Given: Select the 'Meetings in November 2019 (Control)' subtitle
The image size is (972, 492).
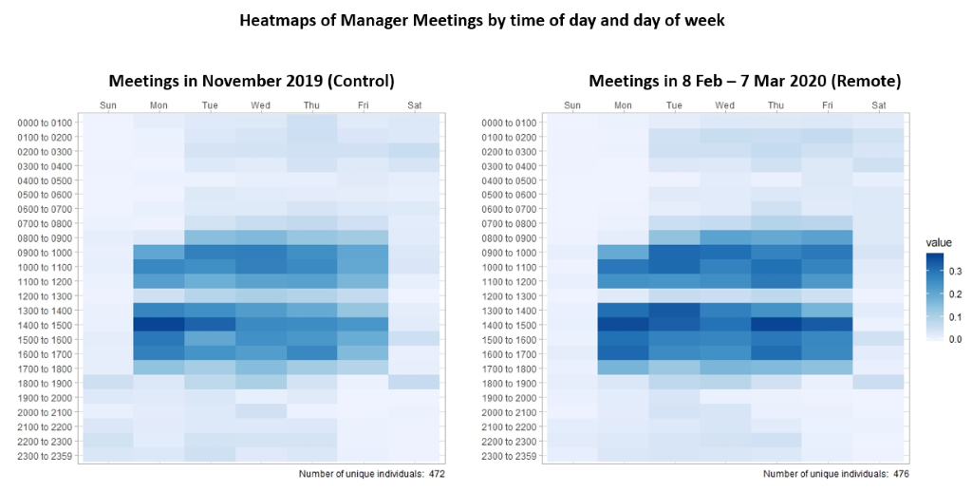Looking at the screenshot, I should tap(251, 81).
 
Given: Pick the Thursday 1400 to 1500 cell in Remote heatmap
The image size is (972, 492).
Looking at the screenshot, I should tap(776, 324).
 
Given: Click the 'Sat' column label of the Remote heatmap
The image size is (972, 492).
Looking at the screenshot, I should tap(879, 104).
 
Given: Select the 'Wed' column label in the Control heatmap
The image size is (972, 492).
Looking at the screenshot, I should tap(260, 104).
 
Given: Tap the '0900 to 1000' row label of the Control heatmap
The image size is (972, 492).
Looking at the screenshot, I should tap(44, 253).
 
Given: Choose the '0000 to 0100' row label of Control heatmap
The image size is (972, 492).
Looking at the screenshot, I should tap(44, 123).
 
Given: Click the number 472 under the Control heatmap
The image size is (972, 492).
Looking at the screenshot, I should tap(437, 472).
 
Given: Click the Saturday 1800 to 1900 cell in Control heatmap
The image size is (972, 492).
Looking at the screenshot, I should tap(414, 382).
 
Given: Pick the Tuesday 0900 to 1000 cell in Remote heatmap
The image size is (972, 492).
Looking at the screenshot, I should tap(674, 252).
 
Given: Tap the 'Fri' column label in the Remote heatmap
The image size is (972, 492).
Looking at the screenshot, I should tap(828, 104).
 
